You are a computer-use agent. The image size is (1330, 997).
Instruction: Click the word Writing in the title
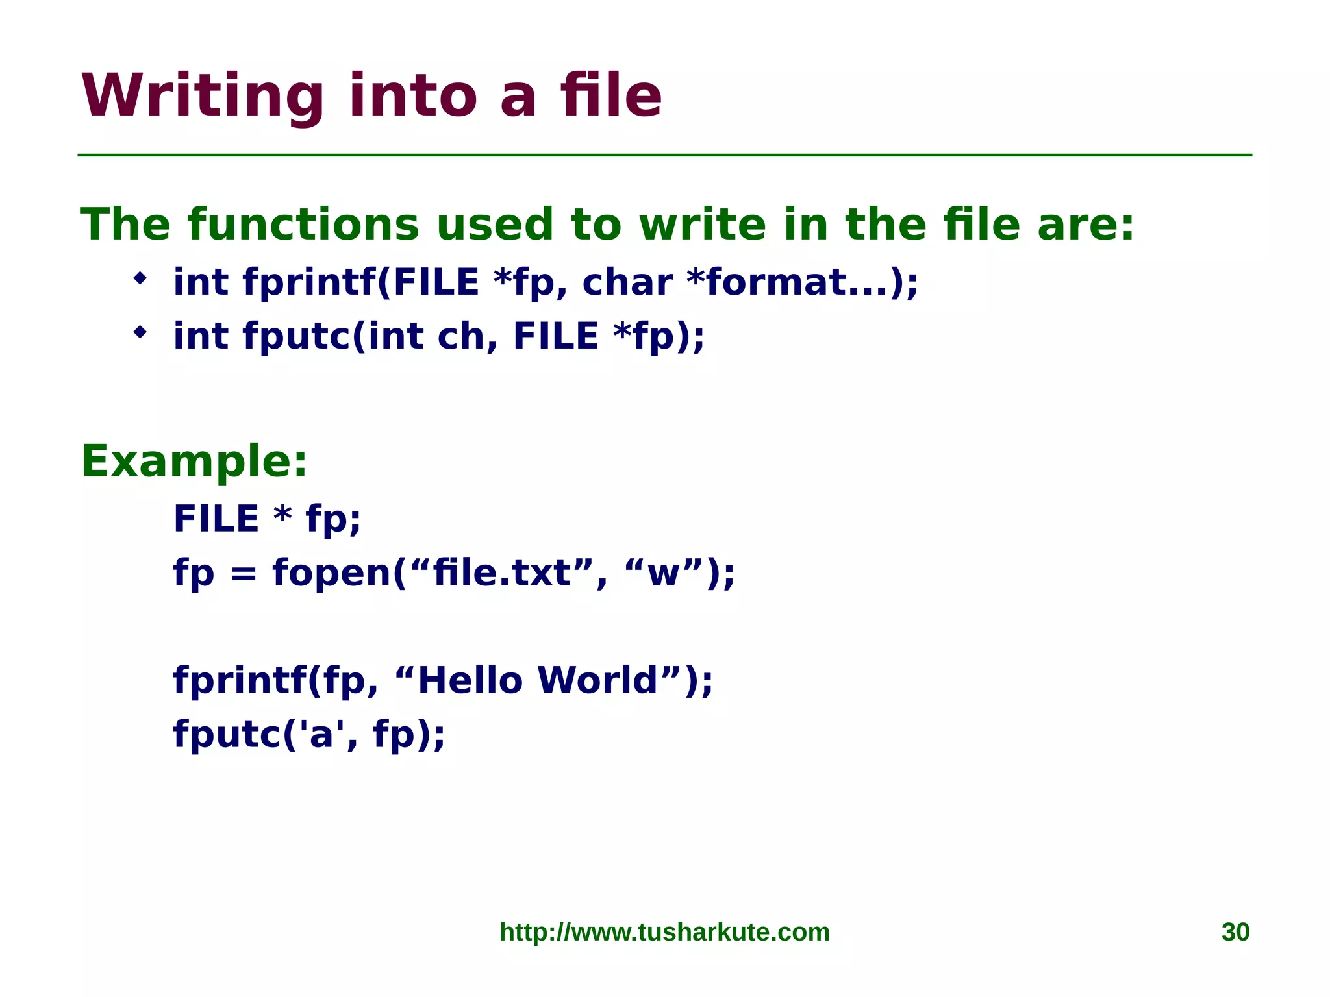coord(202,96)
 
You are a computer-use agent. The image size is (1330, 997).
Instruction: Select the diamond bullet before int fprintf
coord(140,279)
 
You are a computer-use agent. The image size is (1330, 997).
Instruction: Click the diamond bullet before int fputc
coord(140,333)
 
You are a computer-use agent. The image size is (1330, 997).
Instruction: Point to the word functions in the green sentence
coord(303,225)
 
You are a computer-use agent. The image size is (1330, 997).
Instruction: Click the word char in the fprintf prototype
coord(627,282)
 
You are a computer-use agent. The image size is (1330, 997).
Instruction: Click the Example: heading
coord(194,462)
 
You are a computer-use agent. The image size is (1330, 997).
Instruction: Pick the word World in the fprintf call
coord(597,680)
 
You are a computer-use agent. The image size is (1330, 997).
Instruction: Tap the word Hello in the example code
coord(470,680)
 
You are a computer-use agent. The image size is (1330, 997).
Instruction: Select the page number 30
coord(1235,932)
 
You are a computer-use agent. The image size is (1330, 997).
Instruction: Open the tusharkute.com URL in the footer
coord(664,932)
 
